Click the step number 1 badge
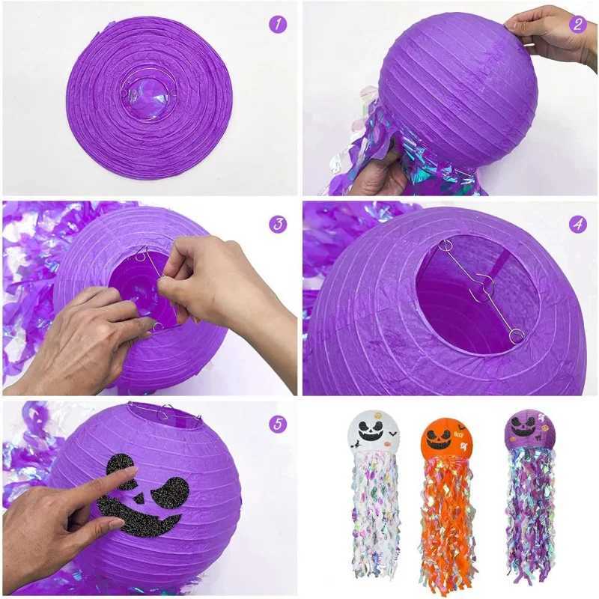click(278, 24)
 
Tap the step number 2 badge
click(577, 24)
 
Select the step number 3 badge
click(278, 223)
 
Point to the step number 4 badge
click(577, 223)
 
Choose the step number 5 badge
click(278, 424)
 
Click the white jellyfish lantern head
click(374, 432)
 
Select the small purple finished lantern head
click(529, 430)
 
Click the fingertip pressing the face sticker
click(129, 472)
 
